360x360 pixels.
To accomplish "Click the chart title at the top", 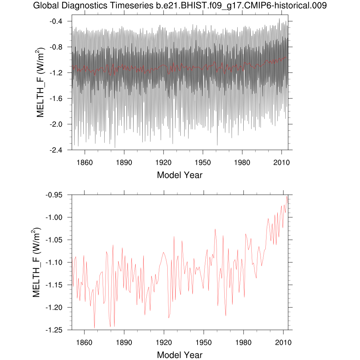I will pos(180,6).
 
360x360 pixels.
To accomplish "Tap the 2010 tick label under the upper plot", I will pos(282,163).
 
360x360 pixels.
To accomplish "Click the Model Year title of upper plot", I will pos(180,175).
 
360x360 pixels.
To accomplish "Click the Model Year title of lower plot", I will pos(180,354).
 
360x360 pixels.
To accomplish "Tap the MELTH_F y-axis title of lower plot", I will pos(37,262).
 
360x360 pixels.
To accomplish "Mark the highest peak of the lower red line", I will pos(287,196).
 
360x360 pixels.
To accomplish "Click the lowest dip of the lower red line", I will pos(94,328).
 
